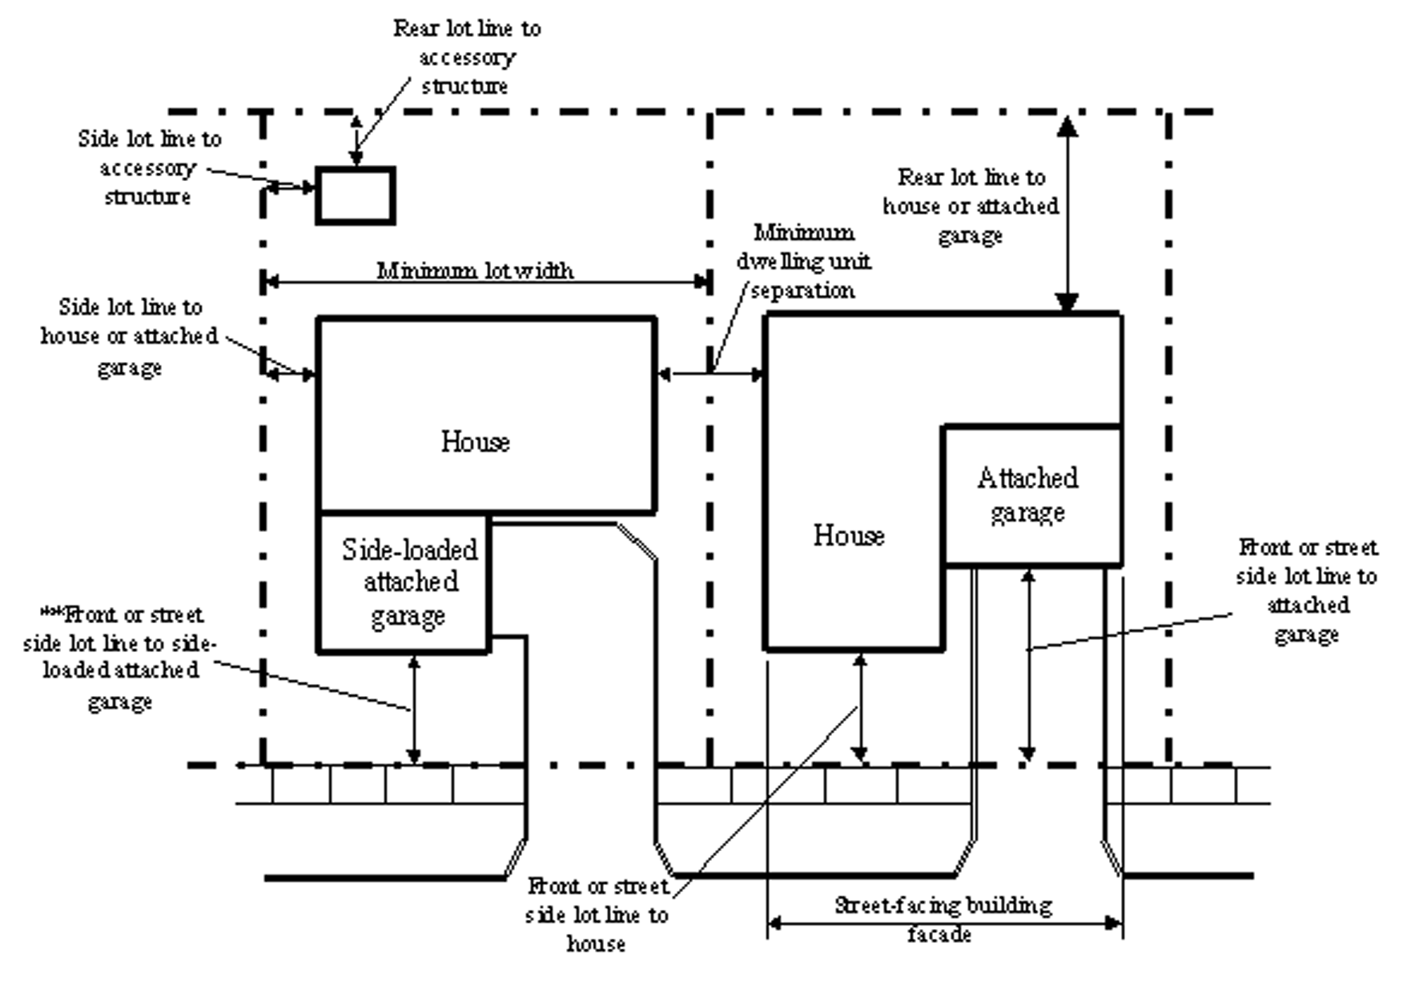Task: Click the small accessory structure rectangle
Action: click(355, 196)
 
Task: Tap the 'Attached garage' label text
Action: click(1028, 495)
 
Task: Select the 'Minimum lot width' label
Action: click(475, 271)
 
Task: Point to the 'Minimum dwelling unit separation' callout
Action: click(803, 261)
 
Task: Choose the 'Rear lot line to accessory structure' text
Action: click(466, 57)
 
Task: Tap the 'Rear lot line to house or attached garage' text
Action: click(971, 206)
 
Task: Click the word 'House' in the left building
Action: click(475, 441)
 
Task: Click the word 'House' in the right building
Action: click(849, 535)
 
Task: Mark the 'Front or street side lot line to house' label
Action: click(597, 914)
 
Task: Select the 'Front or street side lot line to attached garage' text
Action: click(1306, 590)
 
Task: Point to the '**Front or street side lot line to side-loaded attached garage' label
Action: click(120, 657)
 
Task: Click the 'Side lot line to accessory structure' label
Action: click(149, 168)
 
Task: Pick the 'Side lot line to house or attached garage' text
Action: click(130, 336)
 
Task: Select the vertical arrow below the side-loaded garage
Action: click(414, 709)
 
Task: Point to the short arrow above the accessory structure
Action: click(356, 141)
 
